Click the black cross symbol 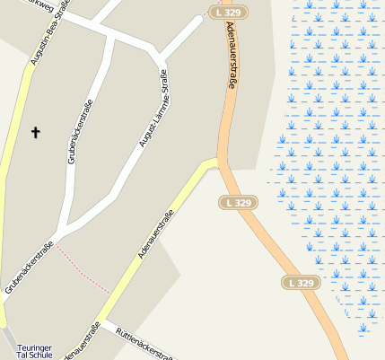point(36,133)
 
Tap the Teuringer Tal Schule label point(35,351)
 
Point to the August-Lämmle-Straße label point(153,110)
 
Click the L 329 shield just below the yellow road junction point(240,203)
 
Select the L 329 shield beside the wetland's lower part point(302,282)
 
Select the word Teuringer point(35,347)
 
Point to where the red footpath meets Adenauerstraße point(111,293)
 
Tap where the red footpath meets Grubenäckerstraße point(58,245)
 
